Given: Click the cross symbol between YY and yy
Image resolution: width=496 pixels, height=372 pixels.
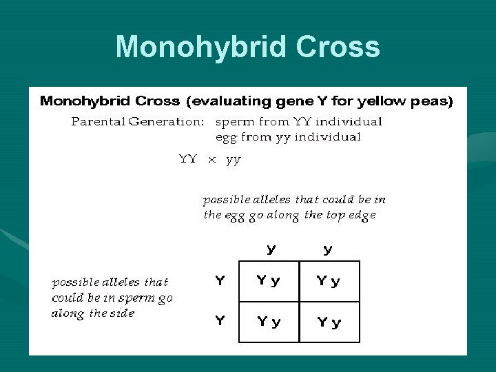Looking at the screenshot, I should pos(212,160).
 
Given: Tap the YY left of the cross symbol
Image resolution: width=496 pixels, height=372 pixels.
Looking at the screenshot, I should pos(188,160).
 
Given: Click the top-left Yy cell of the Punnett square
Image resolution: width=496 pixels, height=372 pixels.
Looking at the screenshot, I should pos(268,281).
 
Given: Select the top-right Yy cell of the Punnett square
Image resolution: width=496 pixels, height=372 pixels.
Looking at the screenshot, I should pos(329,281).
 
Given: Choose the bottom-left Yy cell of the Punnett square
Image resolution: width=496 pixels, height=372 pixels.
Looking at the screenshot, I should pos(268,322).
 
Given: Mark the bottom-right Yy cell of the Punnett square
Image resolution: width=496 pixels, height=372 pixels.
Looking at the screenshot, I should pos(329,322).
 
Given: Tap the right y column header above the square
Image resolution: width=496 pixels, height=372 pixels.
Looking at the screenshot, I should pos(328,249).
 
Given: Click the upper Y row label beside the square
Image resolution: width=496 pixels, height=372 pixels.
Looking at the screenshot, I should pos(219,280).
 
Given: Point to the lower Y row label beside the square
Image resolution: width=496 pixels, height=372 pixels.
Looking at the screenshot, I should pos(219,320).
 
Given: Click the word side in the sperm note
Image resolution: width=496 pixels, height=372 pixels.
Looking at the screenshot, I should pos(121,313).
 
